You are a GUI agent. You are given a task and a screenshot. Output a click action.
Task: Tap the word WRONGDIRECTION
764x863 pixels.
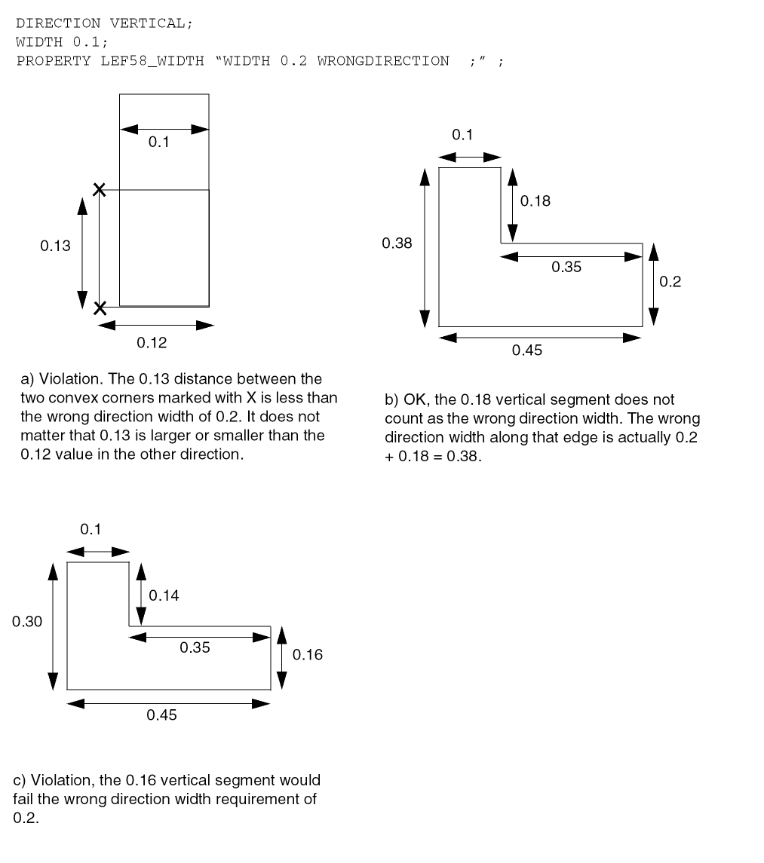382,61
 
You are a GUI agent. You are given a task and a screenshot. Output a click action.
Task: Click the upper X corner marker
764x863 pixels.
99,189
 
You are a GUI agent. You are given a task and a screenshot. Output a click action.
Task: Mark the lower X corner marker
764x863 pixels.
99,308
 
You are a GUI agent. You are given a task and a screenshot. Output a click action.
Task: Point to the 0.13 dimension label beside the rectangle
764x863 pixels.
55,246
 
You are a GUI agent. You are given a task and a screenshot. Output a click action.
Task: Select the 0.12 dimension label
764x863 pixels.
152,343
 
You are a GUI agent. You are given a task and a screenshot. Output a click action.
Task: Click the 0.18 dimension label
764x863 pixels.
535,201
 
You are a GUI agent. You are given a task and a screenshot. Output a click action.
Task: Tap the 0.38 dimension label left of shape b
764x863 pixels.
397,243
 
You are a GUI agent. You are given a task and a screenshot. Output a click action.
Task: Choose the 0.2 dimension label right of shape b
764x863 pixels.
670,282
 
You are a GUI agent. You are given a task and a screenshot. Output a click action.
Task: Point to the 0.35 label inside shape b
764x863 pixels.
566,267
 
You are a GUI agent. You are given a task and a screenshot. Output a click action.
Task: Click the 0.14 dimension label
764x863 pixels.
164,595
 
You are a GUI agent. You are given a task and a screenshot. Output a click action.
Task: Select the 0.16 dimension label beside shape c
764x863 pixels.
308,654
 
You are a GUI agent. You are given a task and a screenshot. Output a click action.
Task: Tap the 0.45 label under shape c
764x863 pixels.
161,715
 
